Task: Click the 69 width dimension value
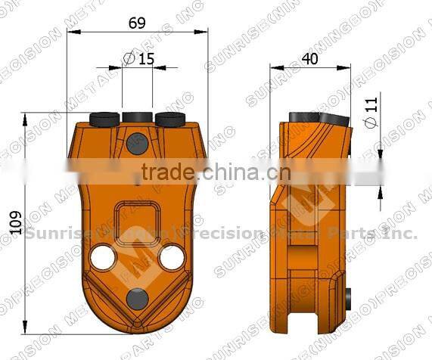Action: coord(137,23)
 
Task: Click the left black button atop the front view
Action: coord(104,119)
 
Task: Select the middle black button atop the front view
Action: coord(137,117)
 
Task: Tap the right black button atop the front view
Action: coord(170,119)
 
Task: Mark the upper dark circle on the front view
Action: coord(137,142)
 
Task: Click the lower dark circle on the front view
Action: coord(137,298)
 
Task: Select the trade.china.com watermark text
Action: coord(210,172)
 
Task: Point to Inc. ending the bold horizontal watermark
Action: coord(400,234)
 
